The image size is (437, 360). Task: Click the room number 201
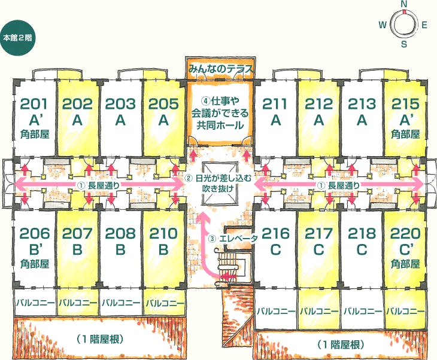[x=34, y=104]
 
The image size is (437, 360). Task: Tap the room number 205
[x=163, y=104]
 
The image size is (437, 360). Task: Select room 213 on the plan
[x=362, y=104]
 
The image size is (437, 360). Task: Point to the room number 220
[x=405, y=233]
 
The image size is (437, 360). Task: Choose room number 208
[x=120, y=233]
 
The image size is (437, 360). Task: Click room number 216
[x=275, y=233]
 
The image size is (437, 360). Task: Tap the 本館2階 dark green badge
[x=17, y=38]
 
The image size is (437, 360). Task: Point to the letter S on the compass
[x=404, y=44]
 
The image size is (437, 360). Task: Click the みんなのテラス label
[x=220, y=69]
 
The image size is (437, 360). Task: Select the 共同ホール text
[x=220, y=126]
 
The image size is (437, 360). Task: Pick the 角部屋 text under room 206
[x=35, y=264]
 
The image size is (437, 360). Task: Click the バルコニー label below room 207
[x=78, y=303]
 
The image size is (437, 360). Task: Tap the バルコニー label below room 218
[x=362, y=311]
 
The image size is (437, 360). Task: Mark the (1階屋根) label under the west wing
[x=99, y=339]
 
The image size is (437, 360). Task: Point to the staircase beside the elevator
[x=227, y=264]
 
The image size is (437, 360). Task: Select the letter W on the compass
[x=383, y=25]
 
